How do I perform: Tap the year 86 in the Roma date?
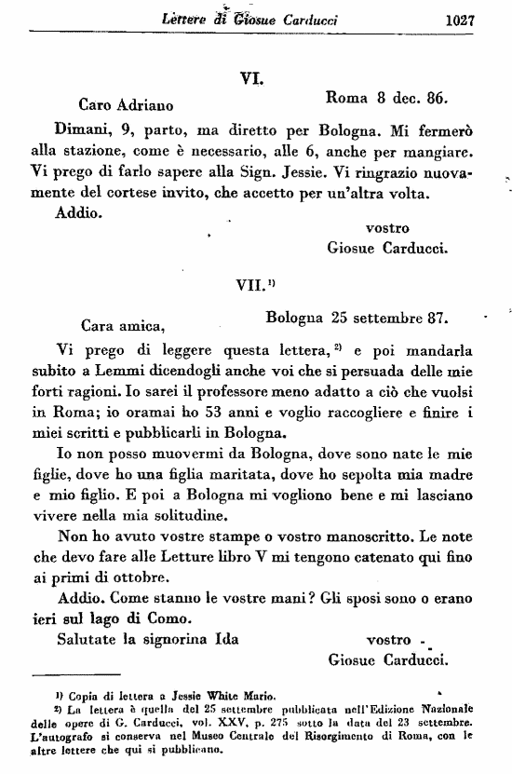tap(436, 96)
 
